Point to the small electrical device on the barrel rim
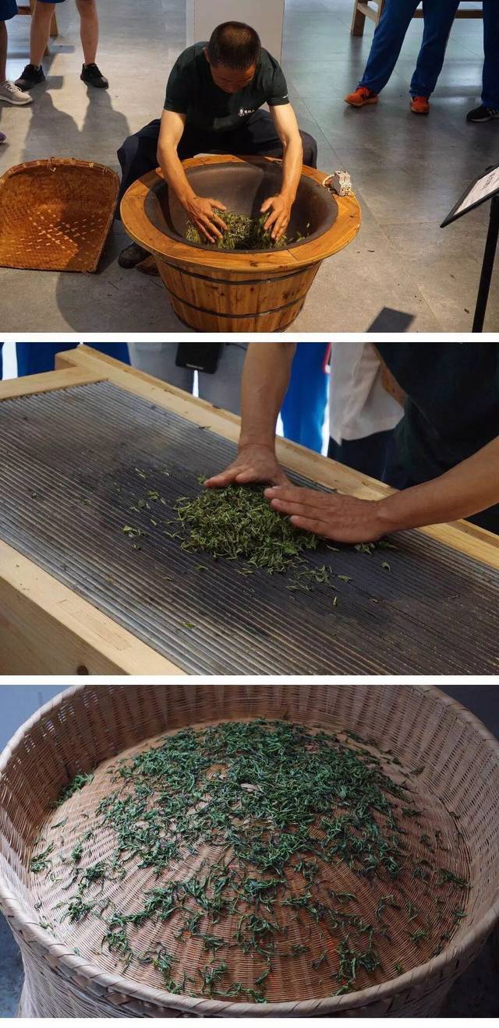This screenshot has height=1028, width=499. (342, 183)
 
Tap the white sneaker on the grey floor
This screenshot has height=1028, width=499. (13, 93)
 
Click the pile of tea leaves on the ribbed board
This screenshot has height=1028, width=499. (242, 526)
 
